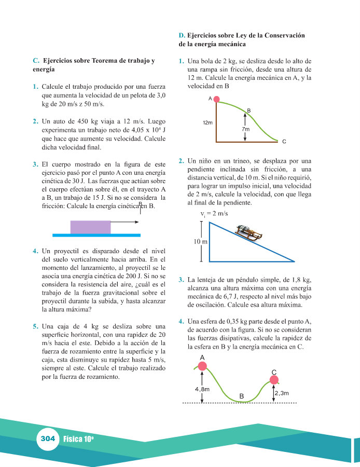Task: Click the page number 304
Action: tap(48, 438)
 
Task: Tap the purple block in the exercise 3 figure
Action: tap(90, 227)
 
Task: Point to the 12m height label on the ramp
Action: tap(208, 123)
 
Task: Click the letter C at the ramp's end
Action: tap(284, 141)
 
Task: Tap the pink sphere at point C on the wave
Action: tap(274, 382)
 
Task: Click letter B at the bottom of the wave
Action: tap(241, 397)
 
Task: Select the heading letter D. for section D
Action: tap(182, 35)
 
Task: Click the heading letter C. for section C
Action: tap(36, 60)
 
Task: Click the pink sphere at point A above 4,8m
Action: tap(202, 366)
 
